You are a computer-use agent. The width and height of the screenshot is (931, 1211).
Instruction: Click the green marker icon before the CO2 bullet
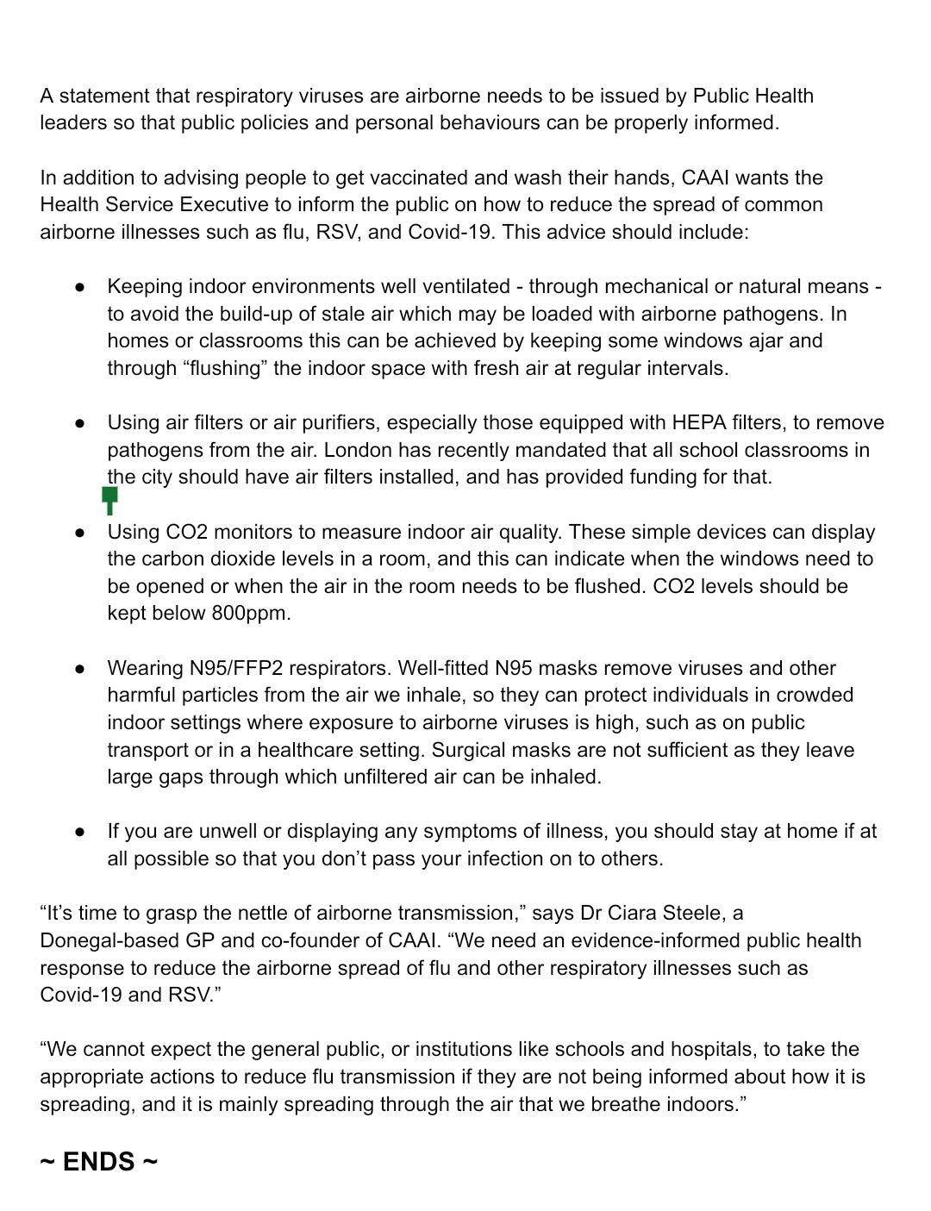pyautogui.click(x=109, y=499)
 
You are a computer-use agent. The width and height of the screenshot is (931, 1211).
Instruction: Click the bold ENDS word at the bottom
pyautogui.click(x=98, y=1162)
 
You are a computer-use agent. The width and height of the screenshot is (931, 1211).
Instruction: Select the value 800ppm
pyautogui.click(x=251, y=613)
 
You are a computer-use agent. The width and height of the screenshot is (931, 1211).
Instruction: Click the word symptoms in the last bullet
pyautogui.click(x=451, y=831)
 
